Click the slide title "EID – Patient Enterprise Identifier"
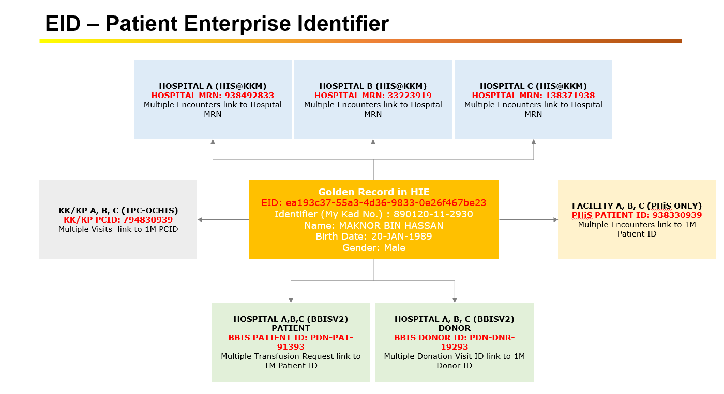pos(217,24)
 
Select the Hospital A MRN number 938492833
pos(249,96)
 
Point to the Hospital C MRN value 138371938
pos(570,96)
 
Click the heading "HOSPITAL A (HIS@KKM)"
pos(213,86)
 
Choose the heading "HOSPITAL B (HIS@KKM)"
pos(373,86)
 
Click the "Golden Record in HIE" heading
pos(374,192)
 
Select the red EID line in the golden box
pos(374,203)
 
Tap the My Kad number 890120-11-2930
pos(433,214)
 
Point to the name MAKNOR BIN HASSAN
pos(391,226)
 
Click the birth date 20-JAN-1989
pos(401,237)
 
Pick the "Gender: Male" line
pos(374,248)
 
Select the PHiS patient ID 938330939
pos(677,215)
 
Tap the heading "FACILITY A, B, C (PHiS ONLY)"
pos(637,206)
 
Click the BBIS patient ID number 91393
pos(291,347)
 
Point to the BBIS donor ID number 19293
pos(455,347)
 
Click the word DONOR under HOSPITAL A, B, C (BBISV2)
pos(455,328)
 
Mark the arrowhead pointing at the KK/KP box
pos(200,220)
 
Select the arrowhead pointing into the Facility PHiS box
pos(555,220)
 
